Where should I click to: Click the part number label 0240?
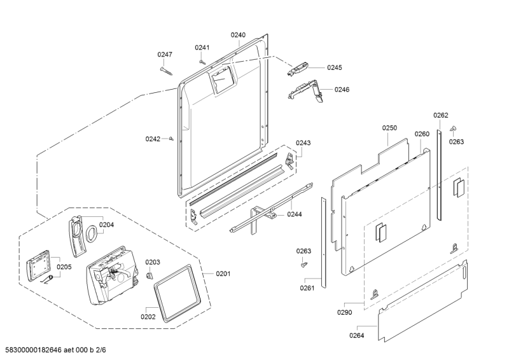pyautogui.click(x=238, y=35)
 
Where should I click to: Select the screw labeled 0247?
pyautogui.click(x=167, y=71)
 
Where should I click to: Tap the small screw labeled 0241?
pyautogui.click(x=202, y=61)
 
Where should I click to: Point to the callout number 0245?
pyautogui.click(x=335, y=67)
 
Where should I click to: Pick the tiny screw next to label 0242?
pyautogui.click(x=172, y=139)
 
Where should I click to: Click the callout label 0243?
pyautogui.click(x=303, y=143)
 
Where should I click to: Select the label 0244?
pyautogui.click(x=295, y=214)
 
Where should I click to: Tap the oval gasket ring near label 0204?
pyautogui.click(x=91, y=233)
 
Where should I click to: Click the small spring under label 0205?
pyautogui.click(x=47, y=279)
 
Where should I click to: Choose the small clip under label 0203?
pyautogui.click(x=149, y=275)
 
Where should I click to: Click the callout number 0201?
pyautogui.click(x=223, y=273)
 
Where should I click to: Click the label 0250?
pyautogui.click(x=389, y=128)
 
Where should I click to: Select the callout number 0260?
pyautogui.click(x=422, y=134)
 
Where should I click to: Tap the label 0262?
pyautogui.click(x=440, y=115)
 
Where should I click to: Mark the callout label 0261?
pyautogui.click(x=307, y=288)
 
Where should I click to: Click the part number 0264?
pyautogui.click(x=356, y=336)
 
